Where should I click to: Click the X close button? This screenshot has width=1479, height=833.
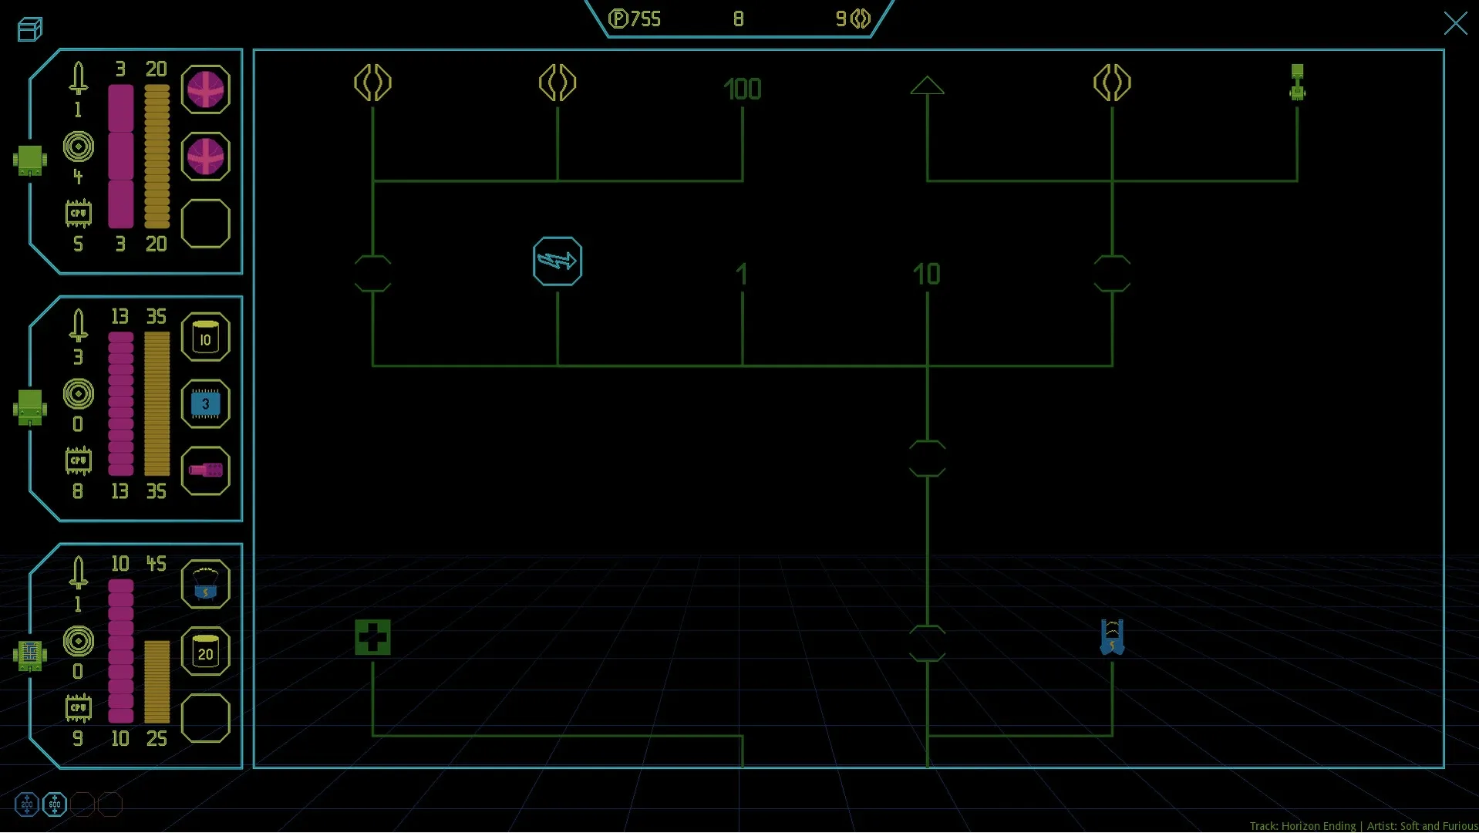(1454, 23)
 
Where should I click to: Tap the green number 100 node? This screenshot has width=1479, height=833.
(742, 89)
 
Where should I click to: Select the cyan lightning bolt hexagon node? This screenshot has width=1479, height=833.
(557, 261)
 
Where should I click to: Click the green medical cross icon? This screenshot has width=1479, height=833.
(372, 638)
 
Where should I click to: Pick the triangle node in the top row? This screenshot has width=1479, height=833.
(926, 86)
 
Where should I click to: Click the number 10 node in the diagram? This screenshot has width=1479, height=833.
(926, 274)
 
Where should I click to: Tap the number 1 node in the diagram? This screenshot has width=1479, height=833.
(741, 274)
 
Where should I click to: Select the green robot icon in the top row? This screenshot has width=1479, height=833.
(1297, 83)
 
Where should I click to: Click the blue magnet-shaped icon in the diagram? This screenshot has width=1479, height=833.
(1111, 638)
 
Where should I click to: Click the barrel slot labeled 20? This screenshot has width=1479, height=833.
(205, 652)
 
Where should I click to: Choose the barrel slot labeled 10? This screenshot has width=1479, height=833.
(205, 337)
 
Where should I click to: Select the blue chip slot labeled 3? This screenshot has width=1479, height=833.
(205, 404)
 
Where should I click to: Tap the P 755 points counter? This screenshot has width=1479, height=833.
(635, 19)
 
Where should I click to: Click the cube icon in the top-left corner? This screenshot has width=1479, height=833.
(29, 29)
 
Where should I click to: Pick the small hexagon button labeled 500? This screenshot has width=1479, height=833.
(54, 804)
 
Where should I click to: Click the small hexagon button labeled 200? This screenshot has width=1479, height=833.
(26, 804)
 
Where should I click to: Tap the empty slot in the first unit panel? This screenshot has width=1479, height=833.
(205, 224)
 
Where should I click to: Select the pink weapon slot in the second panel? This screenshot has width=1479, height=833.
(205, 470)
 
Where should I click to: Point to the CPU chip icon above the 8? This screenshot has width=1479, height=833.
(78, 461)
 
